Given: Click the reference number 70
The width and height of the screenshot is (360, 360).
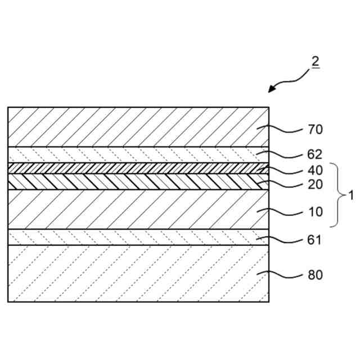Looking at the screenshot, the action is [315, 130].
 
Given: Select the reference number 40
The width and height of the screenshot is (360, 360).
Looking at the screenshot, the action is [315, 170].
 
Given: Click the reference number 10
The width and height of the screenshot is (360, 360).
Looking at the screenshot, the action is [315, 212].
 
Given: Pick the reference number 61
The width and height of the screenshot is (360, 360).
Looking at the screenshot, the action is [315, 240].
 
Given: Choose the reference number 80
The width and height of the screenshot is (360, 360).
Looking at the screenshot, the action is [315, 275].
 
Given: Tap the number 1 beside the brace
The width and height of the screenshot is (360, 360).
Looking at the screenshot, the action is [351, 196].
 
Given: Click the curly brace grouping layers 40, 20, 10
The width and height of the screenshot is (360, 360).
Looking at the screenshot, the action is [337, 196].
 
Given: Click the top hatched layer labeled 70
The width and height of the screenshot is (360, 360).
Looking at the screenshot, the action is [135, 127].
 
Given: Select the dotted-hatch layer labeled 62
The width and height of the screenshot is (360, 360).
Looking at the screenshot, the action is [135, 155].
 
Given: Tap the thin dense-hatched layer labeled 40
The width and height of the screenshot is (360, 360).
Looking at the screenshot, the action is [135, 168].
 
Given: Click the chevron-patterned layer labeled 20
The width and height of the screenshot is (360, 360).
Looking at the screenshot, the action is [135, 181].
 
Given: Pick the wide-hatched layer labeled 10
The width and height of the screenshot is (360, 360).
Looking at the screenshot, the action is [135, 209].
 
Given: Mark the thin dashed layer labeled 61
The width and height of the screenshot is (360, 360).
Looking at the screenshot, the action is [135, 237].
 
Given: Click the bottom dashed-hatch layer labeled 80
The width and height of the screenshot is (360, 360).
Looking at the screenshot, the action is [135, 273].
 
